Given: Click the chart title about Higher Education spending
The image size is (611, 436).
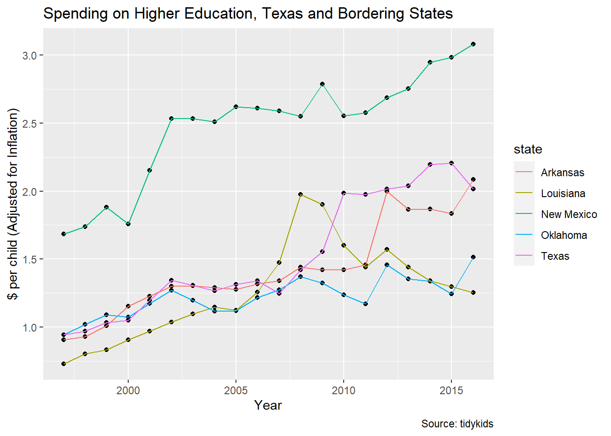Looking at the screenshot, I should [248, 14].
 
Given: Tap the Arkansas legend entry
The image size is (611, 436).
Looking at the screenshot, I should [562, 173].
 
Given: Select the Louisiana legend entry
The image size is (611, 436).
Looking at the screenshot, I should [563, 193].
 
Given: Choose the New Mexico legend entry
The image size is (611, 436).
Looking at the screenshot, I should [569, 214].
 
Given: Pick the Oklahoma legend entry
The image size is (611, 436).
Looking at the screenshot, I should [564, 235].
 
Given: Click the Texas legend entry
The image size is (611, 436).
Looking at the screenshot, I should [555, 256].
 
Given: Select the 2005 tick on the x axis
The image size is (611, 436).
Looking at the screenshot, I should [236, 391].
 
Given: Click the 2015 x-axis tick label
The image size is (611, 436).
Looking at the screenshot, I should [451, 391].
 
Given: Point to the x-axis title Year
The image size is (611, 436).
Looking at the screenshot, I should [268, 405].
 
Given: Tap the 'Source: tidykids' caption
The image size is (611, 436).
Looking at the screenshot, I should [457, 424].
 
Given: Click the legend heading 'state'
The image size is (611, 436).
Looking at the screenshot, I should [528, 149].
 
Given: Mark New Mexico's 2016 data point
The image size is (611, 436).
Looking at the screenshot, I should [473, 44].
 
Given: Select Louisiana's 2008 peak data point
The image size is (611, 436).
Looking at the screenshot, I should [300, 194].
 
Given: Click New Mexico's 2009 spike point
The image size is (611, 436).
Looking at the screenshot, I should [322, 84].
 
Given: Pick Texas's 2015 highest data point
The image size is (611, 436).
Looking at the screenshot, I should [451, 163].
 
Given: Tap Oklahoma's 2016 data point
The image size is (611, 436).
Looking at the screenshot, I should [473, 257].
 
